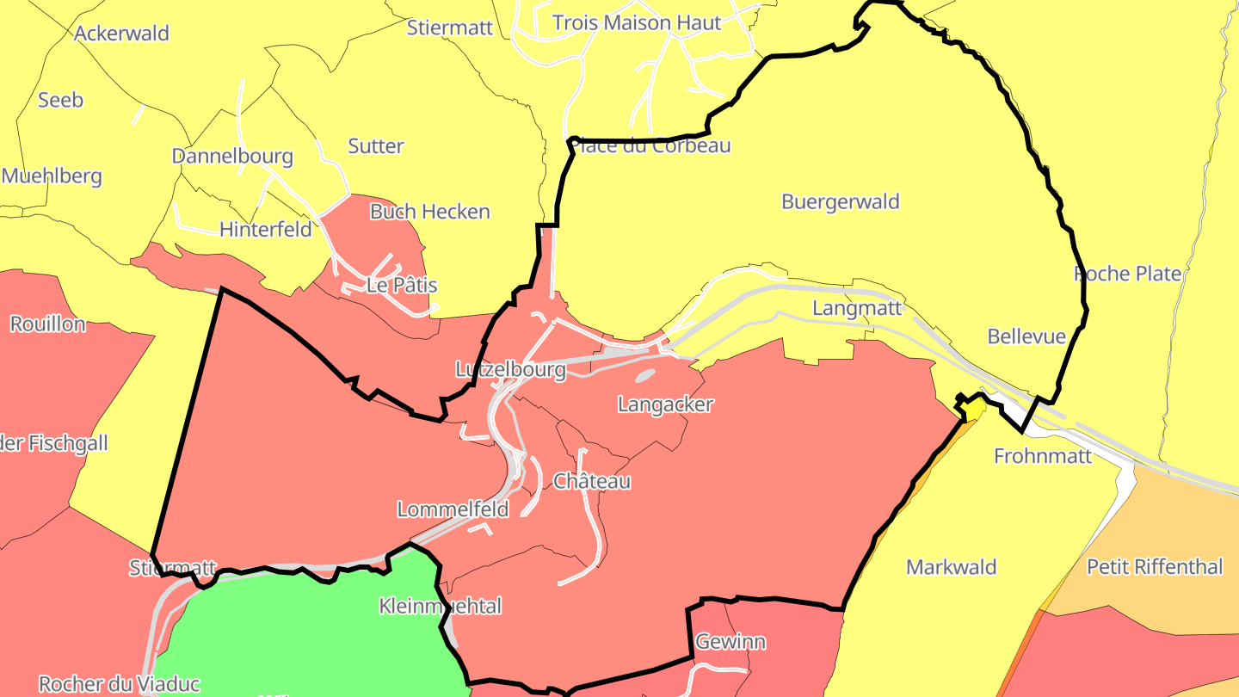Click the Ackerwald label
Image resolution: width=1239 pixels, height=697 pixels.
point(121,34)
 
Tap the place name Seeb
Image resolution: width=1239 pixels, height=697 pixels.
point(60,100)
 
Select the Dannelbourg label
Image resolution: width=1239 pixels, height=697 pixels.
point(232,157)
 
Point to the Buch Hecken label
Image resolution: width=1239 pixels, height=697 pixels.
point(429,212)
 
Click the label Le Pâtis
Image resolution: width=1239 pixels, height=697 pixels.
point(402,286)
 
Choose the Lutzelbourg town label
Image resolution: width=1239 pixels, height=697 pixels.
point(510,370)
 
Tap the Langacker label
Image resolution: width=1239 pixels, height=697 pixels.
point(665,404)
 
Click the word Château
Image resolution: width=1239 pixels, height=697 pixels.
point(592,482)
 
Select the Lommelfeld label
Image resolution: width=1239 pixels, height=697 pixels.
point(453,509)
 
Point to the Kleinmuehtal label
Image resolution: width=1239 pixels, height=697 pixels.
point(440,607)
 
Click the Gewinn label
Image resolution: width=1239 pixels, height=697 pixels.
point(730,642)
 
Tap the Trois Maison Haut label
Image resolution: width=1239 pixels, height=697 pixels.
point(637,23)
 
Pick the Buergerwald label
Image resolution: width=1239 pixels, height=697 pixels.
point(840,202)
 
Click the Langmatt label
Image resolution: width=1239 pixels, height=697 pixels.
point(857,308)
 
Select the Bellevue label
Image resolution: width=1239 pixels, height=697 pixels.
point(1026,336)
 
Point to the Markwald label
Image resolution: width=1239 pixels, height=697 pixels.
point(951,567)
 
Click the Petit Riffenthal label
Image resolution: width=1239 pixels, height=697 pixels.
point(1154,567)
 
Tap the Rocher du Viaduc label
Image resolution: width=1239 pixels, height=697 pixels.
point(120,685)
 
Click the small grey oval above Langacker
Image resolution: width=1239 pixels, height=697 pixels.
point(644,375)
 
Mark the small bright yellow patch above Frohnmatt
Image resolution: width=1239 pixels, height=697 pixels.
point(973,408)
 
